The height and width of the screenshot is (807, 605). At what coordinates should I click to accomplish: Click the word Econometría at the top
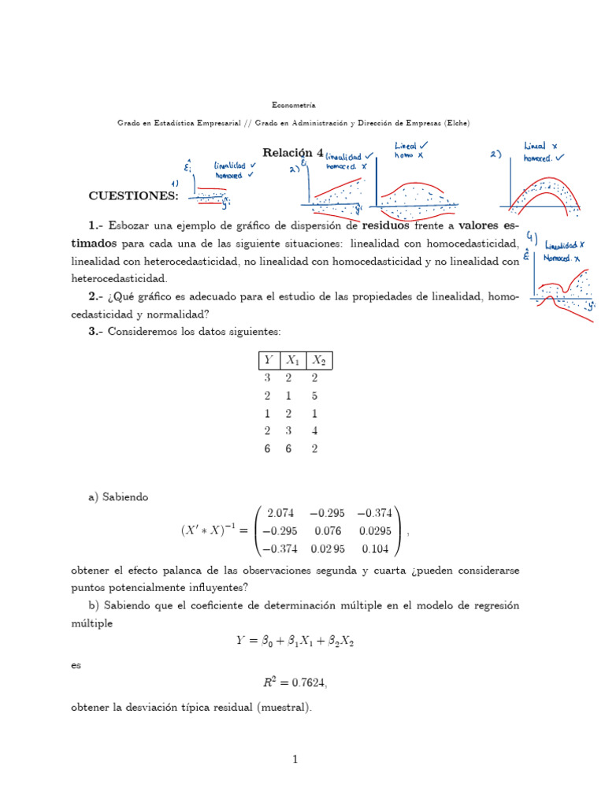click(x=293, y=105)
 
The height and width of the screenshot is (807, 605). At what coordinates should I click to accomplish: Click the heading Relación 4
click(x=292, y=152)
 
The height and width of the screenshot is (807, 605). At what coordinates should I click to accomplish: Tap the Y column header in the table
click(x=268, y=360)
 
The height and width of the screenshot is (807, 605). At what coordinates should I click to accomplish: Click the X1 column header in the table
click(x=293, y=360)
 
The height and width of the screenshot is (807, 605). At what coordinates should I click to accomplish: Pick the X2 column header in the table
click(x=318, y=360)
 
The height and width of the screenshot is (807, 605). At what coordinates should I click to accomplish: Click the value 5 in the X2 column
click(x=317, y=396)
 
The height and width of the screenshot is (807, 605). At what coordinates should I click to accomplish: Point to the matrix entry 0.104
click(x=374, y=549)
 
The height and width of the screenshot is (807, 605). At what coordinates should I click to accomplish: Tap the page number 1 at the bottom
click(x=295, y=760)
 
